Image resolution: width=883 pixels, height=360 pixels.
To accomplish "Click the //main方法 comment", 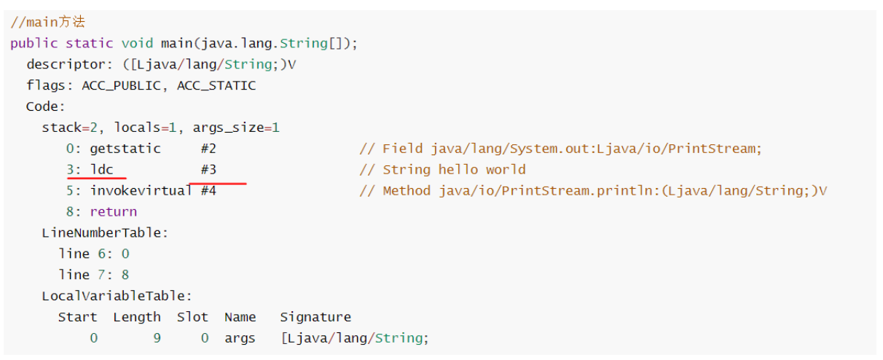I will (47, 22).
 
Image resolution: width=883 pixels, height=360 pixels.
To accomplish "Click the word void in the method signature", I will (137, 43).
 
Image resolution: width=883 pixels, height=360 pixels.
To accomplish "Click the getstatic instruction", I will (125, 149).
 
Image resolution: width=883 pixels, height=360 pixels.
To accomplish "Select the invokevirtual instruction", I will (141, 191).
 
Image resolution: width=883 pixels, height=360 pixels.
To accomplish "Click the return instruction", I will (113, 212).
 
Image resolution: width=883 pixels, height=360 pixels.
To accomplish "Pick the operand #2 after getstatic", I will (208, 149).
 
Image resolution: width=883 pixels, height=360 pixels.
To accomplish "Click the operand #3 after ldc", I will (208, 170).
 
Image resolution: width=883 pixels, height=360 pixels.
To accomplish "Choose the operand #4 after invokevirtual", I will (208, 191).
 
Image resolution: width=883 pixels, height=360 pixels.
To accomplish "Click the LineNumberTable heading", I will (105, 233).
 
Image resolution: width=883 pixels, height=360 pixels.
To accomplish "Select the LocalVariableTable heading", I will (117, 296).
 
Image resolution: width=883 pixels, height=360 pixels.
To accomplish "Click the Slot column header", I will (192, 317).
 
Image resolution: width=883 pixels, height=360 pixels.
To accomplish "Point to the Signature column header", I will (315, 317).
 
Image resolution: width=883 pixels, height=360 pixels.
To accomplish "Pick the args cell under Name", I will (240, 338).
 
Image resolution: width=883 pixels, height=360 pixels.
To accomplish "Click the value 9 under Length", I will (157, 338).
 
